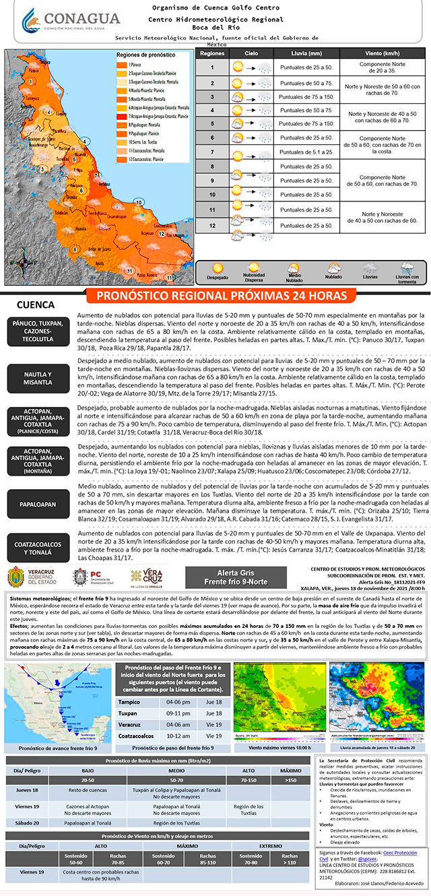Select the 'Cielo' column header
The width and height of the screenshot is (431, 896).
[x=251, y=53]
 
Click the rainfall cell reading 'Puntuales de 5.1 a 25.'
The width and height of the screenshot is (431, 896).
[x=306, y=152]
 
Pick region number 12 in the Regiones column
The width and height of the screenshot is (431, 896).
[x=211, y=224]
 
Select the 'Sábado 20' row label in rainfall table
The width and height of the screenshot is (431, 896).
[x=30, y=822]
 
